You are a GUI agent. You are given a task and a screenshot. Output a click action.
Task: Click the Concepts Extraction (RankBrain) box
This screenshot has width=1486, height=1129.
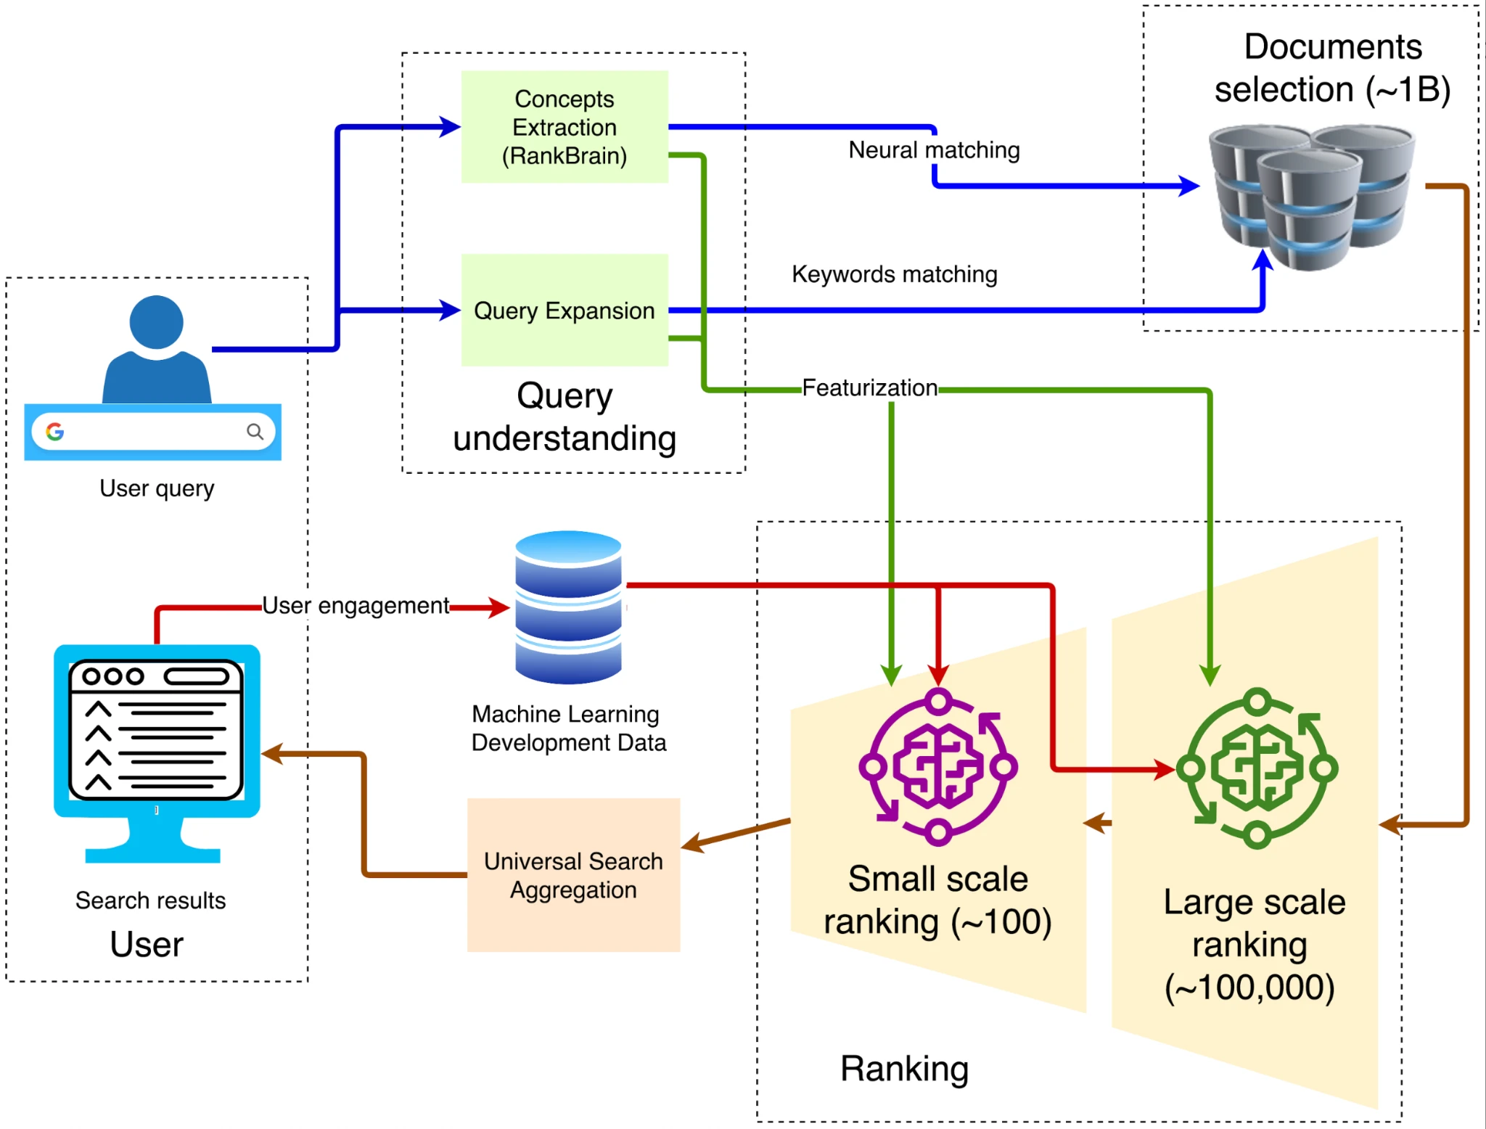coord(565,127)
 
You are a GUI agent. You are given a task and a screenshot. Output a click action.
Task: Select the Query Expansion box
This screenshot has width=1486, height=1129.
coord(565,311)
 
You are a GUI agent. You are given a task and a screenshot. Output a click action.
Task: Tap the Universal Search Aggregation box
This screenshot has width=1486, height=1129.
coord(573,875)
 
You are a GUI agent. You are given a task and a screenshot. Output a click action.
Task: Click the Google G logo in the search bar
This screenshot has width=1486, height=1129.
coord(55,432)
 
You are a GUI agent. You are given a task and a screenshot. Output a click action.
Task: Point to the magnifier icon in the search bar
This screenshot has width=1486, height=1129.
coord(255,432)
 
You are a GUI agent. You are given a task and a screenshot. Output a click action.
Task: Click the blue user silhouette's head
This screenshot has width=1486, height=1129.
coord(156,322)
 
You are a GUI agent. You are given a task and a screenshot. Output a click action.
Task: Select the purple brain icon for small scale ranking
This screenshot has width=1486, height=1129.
coord(938,767)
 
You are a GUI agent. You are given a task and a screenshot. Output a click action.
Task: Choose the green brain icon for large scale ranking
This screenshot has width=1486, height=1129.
coord(1257,768)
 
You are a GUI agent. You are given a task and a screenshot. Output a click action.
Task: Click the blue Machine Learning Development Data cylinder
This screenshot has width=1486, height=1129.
coord(568,607)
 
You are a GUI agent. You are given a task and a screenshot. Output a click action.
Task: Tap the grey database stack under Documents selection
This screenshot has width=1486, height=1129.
coord(1310,196)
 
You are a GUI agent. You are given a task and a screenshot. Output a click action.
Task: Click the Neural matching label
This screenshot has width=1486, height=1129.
coord(934,150)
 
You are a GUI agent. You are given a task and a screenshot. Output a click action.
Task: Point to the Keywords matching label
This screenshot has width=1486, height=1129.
coord(894,274)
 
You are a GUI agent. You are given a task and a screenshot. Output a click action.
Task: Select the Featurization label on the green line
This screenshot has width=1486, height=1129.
coord(869,388)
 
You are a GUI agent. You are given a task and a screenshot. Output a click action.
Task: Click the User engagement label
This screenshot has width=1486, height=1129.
coord(355,606)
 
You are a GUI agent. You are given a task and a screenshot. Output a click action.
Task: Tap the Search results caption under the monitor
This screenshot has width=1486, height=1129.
coord(150,900)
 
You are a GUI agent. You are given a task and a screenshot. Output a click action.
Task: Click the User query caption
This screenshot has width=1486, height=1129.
coord(157,488)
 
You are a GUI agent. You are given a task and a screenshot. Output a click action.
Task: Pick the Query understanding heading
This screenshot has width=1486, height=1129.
coord(565,417)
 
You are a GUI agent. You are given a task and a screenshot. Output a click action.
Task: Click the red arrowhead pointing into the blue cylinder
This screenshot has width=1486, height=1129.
coord(499,607)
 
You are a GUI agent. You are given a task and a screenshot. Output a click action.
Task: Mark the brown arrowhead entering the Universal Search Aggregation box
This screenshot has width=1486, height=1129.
coord(692,844)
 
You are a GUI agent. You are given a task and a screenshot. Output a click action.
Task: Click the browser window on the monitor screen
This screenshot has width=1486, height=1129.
coord(156,728)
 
